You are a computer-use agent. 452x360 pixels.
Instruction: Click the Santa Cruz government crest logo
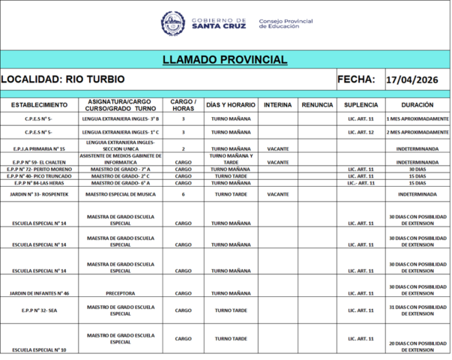[x=173, y=23]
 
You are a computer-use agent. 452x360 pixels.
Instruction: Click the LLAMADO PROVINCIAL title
[x=225, y=60]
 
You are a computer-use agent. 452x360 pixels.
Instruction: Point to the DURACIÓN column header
[x=418, y=105]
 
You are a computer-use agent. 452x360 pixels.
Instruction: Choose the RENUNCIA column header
[x=317, y=105]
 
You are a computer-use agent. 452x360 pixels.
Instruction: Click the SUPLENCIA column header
[x=361, y=105]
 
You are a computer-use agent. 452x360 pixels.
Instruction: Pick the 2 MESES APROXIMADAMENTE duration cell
[x=418, y=132]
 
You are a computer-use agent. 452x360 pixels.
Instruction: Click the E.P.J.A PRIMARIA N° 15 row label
[x=39, y=149]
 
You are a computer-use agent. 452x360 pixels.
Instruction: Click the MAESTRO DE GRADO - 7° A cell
[x=121, y=169]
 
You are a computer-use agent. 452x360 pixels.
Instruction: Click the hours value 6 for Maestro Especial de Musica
[x=183, y=194]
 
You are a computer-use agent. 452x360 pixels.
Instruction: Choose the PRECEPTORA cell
[x=121, y=293]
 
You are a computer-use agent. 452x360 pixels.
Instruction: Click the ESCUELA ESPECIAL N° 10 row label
[x=39, y=350]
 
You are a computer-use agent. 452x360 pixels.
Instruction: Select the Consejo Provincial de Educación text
[x=286, y=23]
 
